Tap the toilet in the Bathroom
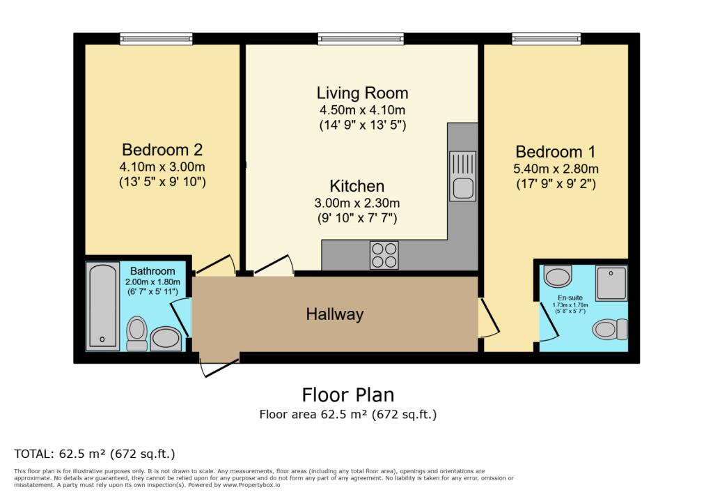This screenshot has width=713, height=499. coord(137,332)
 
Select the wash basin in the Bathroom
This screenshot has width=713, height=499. coord(166,338)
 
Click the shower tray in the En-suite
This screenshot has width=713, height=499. coord(611,283)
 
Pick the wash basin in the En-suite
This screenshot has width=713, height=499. coord(558,277)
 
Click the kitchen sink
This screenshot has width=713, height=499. coord(462,176)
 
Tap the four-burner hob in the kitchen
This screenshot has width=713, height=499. coord(384,255)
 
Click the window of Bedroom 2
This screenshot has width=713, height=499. coord(156,39)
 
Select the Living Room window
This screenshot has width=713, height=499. coord(361,39)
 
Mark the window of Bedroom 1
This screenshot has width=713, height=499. coord(547,39)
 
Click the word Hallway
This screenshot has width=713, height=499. coord(335,314)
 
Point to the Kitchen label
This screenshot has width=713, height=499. coord(356,186)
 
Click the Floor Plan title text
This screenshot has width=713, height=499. coord(347,394)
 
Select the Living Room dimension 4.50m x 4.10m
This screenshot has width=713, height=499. coord(362,110)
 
